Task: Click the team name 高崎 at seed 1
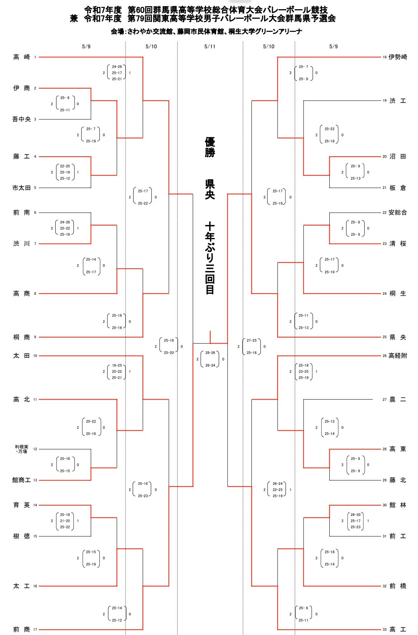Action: (21, 57)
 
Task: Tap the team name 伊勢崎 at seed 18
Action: (398, 57)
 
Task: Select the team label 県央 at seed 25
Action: (398, 337)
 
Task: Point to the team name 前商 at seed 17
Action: (21, 629)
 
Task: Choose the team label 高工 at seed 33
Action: (398, 629)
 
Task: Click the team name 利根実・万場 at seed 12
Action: (21, 449)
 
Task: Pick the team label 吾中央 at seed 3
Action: (21, 119)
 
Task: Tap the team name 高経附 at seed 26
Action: (398, 356)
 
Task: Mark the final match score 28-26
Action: (210, 353)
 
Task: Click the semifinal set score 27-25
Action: (252, 340)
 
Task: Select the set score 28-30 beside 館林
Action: (356, 514)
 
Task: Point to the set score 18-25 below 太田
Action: (117, 365)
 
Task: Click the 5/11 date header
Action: (210, 46)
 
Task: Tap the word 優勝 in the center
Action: (210, 147)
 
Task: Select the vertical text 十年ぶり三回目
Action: (210, 258)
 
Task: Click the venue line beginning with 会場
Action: (206, 31)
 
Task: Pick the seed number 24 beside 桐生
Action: (385, 293)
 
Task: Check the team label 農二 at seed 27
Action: (398, 399)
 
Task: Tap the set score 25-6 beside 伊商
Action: (65, 98)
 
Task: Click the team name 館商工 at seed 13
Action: (21, 480)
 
